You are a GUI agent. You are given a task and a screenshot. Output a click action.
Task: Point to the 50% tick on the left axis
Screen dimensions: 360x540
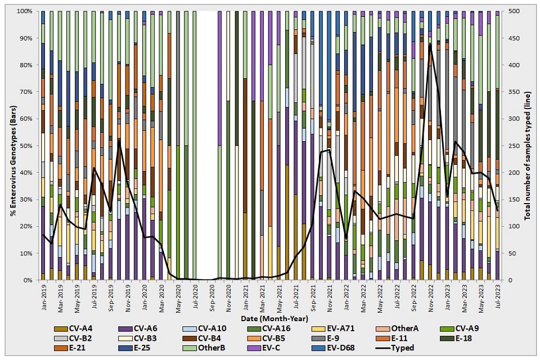[x=25, y=146]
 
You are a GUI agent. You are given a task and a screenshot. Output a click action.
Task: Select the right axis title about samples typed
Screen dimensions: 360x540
[x=530, y=145]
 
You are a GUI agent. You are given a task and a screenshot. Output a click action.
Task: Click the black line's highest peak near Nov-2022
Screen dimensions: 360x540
[x=430, y=44]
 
